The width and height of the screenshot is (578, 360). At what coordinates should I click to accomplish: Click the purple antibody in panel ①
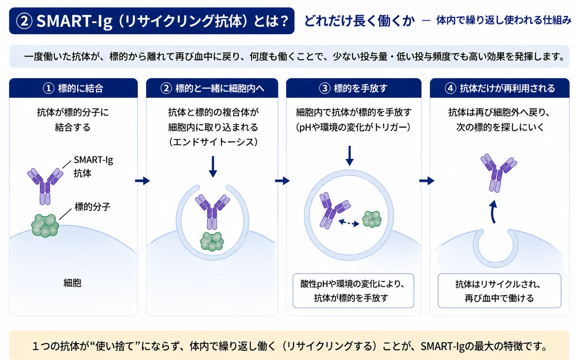(45, 186)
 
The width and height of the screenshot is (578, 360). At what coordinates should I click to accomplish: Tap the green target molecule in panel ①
(45, 225)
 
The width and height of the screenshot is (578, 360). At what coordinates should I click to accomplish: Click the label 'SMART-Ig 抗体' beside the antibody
(93, 167)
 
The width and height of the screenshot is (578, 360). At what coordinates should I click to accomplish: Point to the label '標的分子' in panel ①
(92, 206)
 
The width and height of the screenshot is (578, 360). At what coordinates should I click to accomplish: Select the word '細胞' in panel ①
(72, 283)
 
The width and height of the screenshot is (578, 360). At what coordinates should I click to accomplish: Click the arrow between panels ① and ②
(142, 181)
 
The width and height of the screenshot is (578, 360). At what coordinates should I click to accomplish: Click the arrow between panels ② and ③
(282, 181)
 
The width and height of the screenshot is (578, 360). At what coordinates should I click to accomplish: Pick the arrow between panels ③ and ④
(427, 181)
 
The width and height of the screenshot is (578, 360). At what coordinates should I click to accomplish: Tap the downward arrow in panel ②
(213, 167)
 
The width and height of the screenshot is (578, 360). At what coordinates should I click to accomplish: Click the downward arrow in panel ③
(350, 156)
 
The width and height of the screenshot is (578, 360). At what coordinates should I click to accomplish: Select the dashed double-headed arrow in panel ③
(349, 223)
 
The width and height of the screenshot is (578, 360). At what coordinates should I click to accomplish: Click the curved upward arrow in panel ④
(493, 212)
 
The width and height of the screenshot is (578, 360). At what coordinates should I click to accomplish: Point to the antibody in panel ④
(499, 173)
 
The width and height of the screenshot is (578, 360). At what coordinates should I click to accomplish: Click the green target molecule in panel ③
(372, 219)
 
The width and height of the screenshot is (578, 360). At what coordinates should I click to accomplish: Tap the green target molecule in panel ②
(212, 242)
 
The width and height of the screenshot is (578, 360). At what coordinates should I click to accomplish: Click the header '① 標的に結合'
(73, 89)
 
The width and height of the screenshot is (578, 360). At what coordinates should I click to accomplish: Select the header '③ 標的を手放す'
(353, 89)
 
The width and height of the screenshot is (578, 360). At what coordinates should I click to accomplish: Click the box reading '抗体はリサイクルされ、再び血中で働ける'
(499, 291)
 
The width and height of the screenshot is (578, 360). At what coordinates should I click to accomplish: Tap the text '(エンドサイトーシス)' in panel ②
(213, 142)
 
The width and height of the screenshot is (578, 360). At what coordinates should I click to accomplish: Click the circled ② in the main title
(24, 21)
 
